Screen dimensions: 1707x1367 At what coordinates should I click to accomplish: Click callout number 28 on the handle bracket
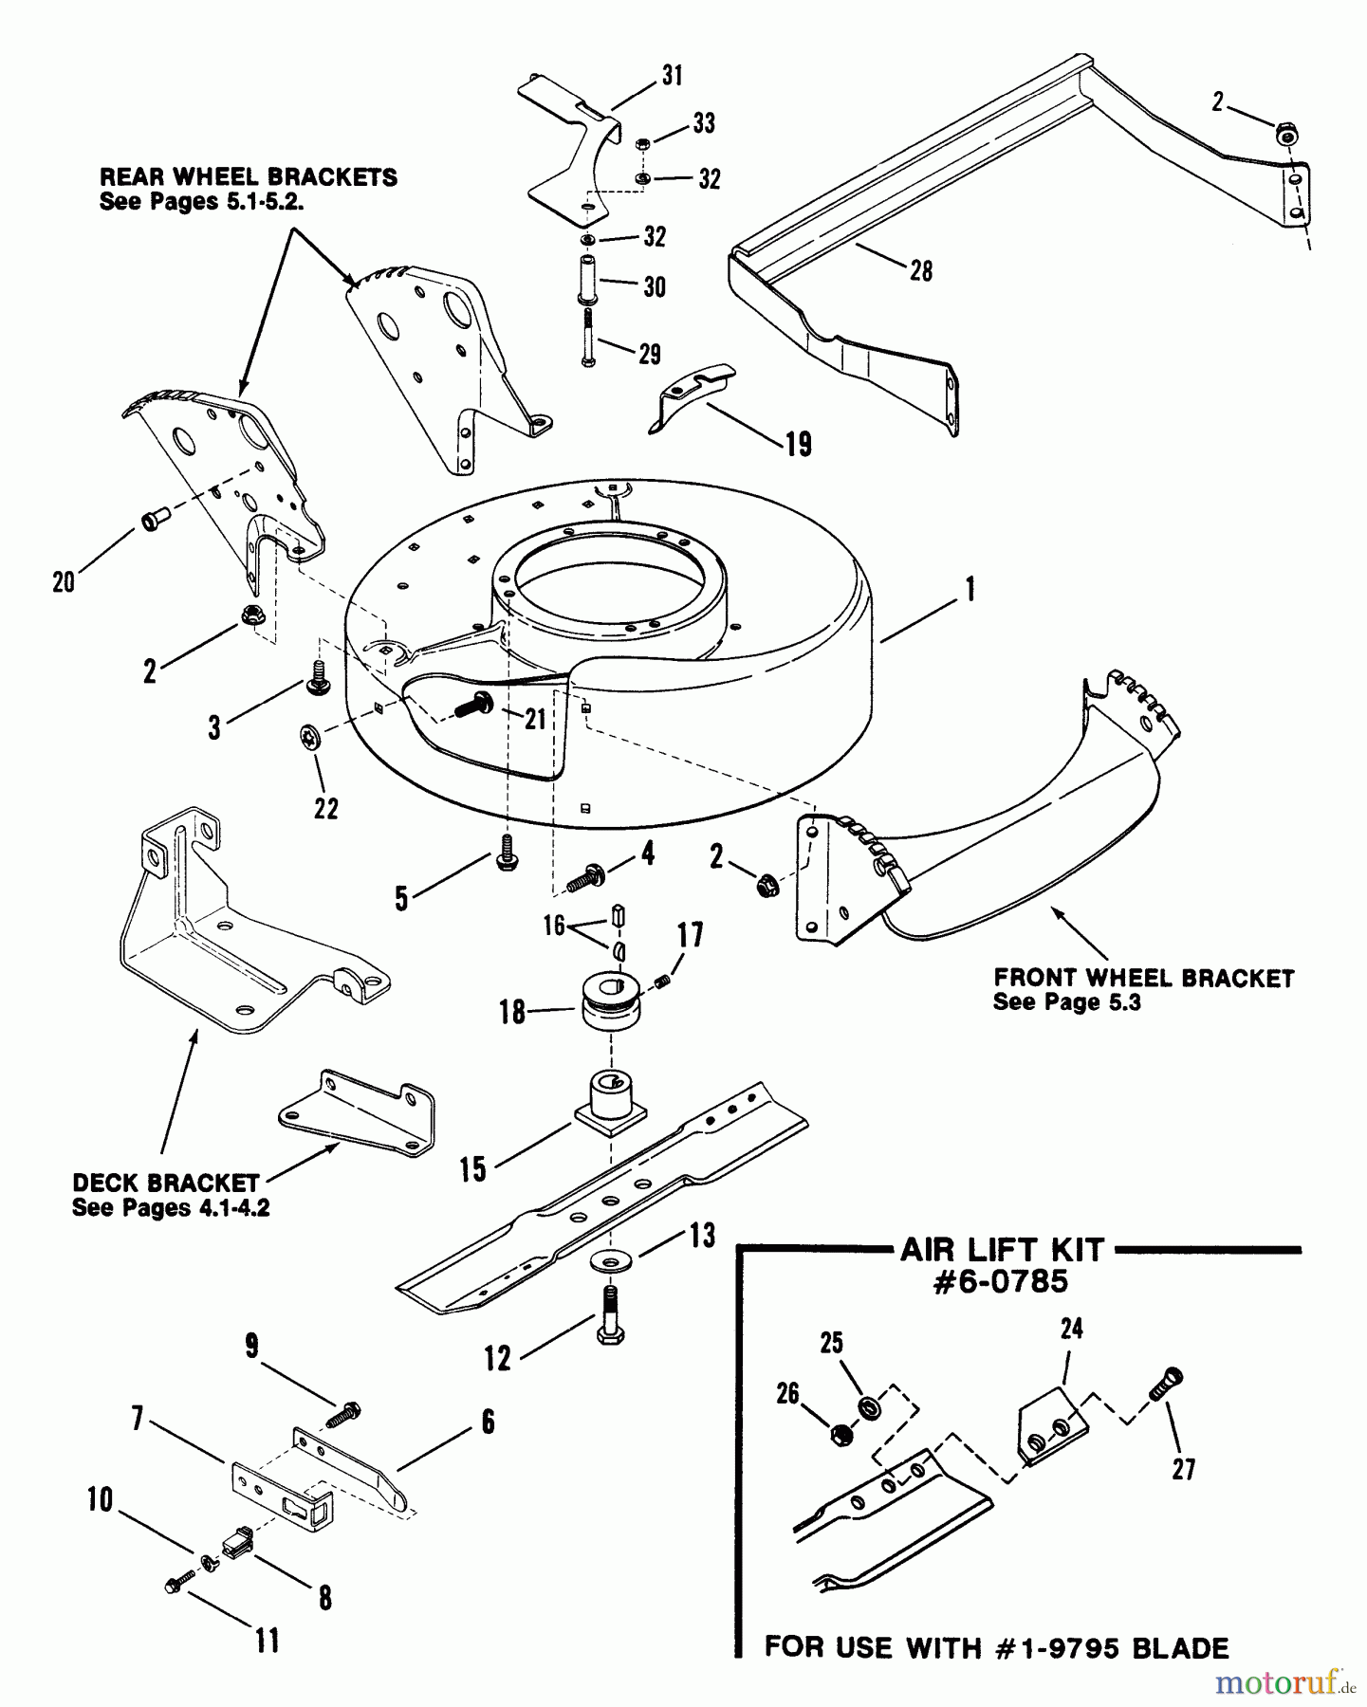click(x=920, y=271)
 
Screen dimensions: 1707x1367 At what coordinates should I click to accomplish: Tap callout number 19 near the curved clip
click(x=799, y=444)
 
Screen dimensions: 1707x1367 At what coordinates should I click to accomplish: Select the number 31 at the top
click(x=672, y=76)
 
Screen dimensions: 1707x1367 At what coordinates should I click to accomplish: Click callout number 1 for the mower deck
click(x=969, y=590)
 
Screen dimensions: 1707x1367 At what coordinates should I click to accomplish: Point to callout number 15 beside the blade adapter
click(x=472, y=1169)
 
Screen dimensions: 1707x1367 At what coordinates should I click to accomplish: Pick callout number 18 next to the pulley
click(x=512, y=1012)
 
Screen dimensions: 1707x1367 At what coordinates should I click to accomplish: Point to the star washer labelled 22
click(x=309, y=735)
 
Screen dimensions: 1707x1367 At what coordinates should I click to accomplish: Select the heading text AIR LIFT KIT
click(x=1002, y=1250)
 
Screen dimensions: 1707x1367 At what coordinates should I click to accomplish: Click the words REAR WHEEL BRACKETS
click(x=249, y=177)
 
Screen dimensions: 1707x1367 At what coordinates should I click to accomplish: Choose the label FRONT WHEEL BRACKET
click(x=1143, y=978)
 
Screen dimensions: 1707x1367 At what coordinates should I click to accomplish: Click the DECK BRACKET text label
click(x=165, y=1184)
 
